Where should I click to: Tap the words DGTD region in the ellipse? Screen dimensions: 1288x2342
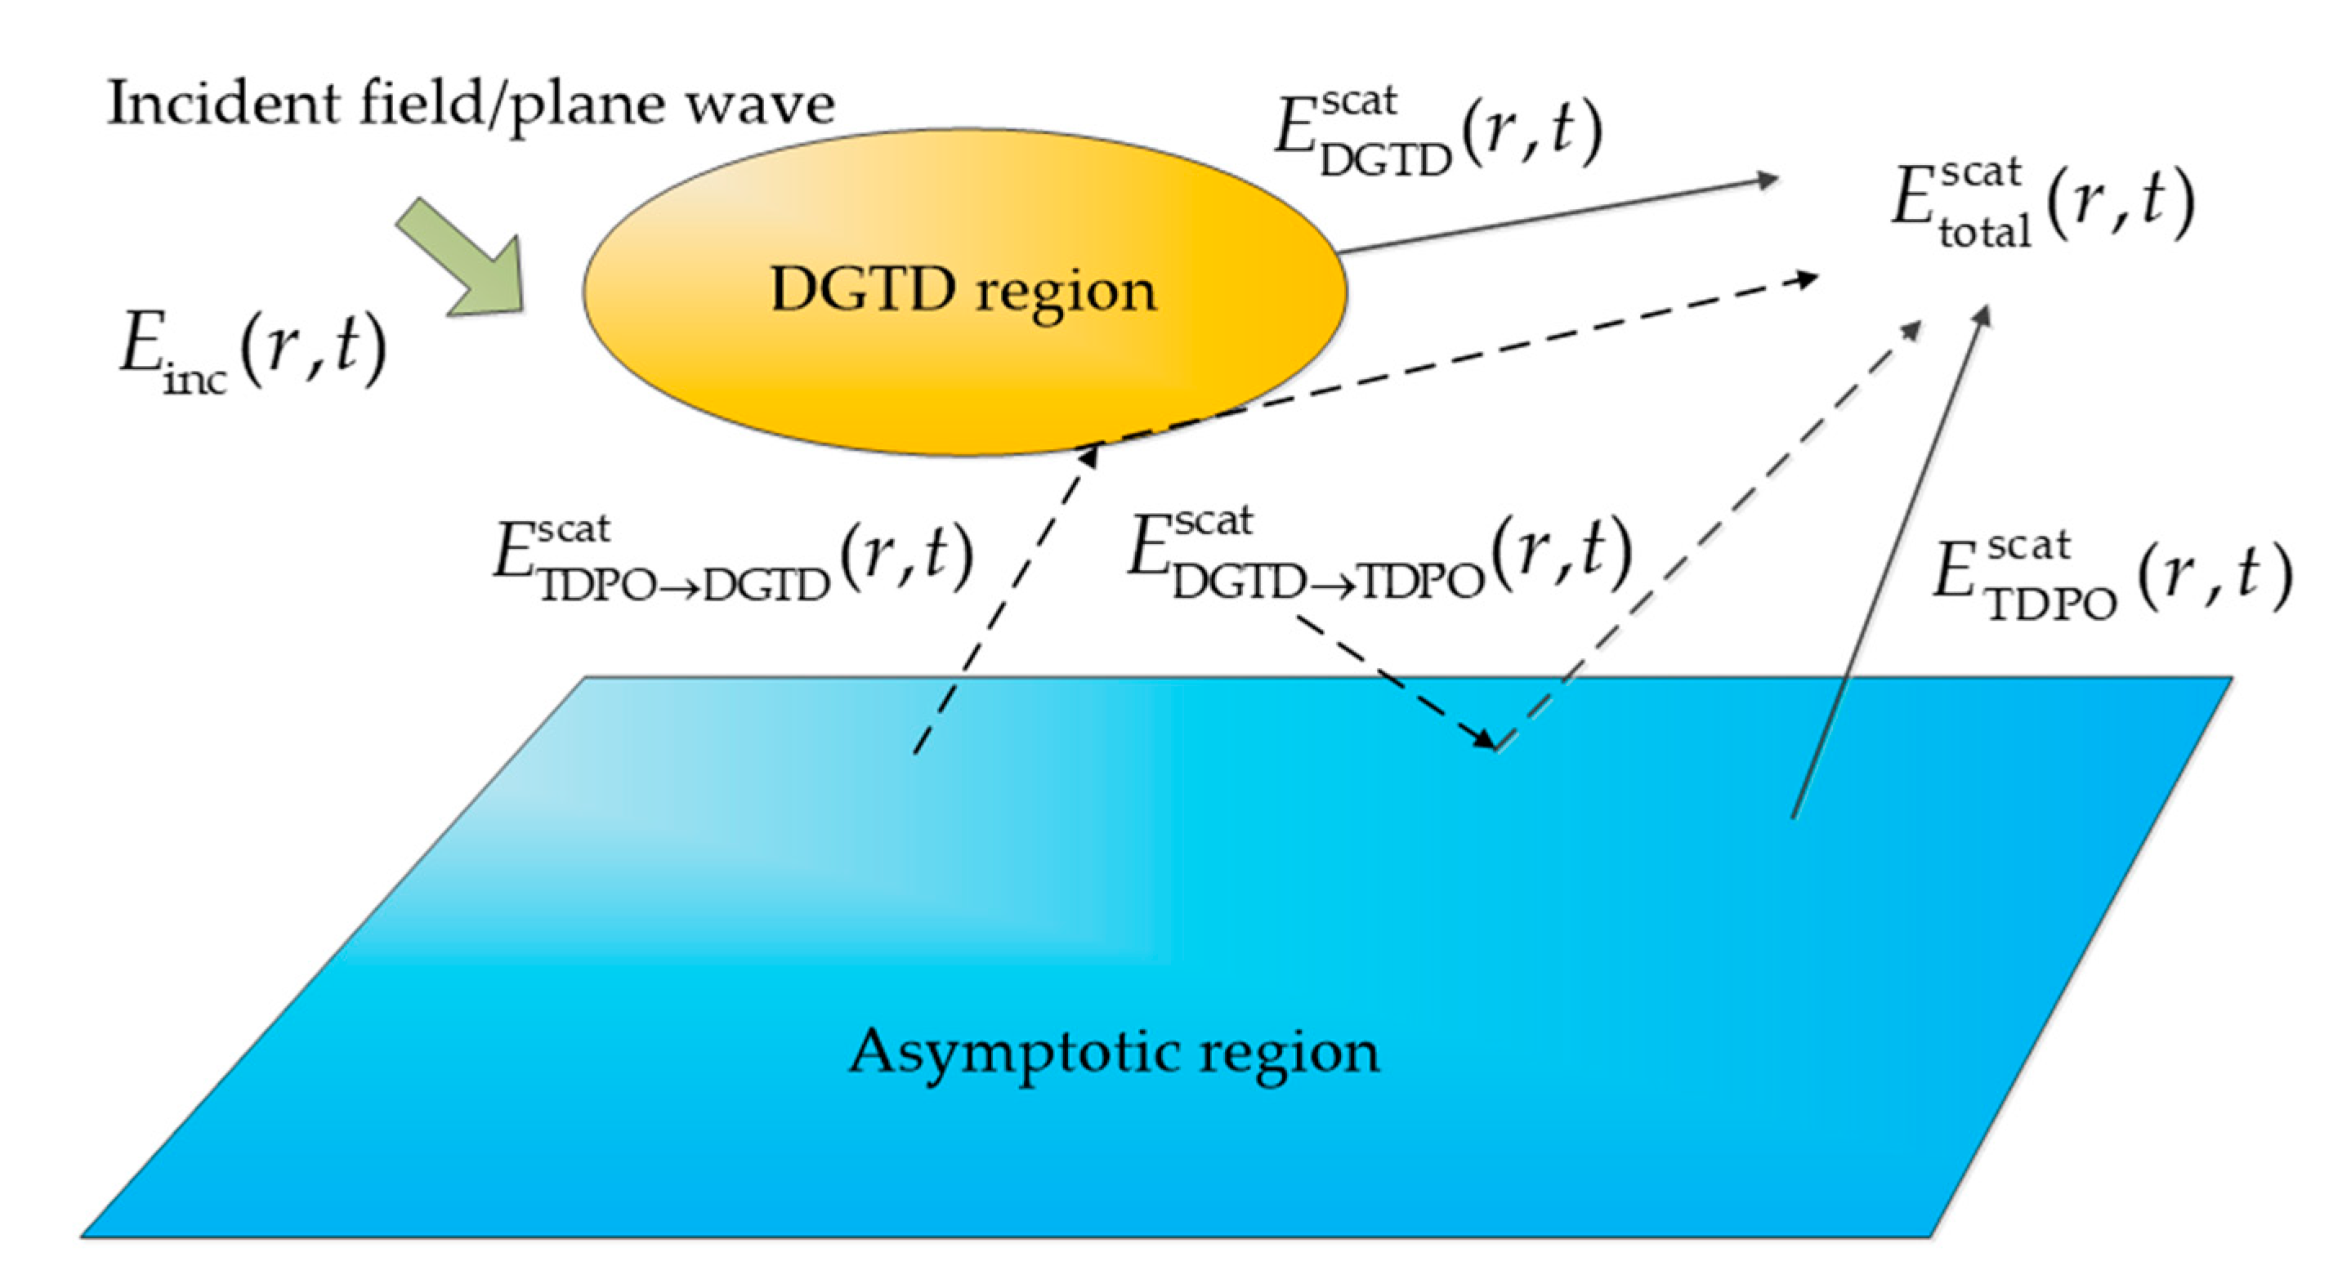963,291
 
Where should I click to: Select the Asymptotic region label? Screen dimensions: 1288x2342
1114,1052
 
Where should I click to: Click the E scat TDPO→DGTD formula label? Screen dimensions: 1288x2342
732,559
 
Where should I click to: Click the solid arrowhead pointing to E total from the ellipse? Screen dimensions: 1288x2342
1767,179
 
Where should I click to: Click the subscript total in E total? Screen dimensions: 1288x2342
1984,233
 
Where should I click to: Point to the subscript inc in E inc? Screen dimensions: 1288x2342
194,379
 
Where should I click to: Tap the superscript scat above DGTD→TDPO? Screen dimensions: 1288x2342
1213,521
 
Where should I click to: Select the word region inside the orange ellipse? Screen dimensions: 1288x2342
1066,292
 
